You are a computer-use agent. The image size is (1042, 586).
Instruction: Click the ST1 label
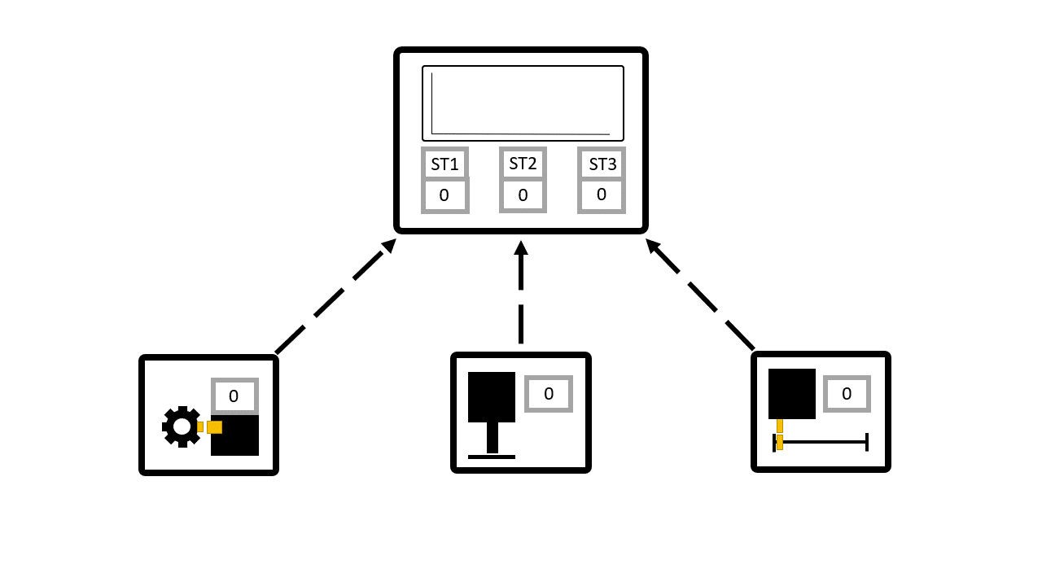point(444,164)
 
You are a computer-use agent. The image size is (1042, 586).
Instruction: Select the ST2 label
point(523,163)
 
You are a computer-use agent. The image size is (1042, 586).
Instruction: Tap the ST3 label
point(602,164)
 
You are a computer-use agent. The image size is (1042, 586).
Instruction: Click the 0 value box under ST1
point(444,195)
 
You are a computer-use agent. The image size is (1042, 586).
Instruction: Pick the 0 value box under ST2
point(523,195)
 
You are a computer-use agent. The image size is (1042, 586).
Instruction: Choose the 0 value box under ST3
point(602,195)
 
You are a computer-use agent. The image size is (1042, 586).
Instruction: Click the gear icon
point(181,426)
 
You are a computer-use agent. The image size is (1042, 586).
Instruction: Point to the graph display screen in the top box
point(523,103)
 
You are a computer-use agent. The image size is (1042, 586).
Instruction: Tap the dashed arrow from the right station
point(700,295)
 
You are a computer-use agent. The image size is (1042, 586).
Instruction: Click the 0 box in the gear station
point(234,396)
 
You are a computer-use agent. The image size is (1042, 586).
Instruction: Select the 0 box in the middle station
point(549,394)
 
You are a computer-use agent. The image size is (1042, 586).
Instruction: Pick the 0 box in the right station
point(847,394)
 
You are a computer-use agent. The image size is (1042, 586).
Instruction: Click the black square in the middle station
point(492,397)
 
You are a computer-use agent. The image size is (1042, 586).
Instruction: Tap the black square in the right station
point(792,394)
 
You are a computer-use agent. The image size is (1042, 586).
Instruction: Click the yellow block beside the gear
point(213,427)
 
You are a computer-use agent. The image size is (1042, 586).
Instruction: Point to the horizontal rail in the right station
point(822,442)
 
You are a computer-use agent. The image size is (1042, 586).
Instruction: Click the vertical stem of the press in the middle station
point(492,438)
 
